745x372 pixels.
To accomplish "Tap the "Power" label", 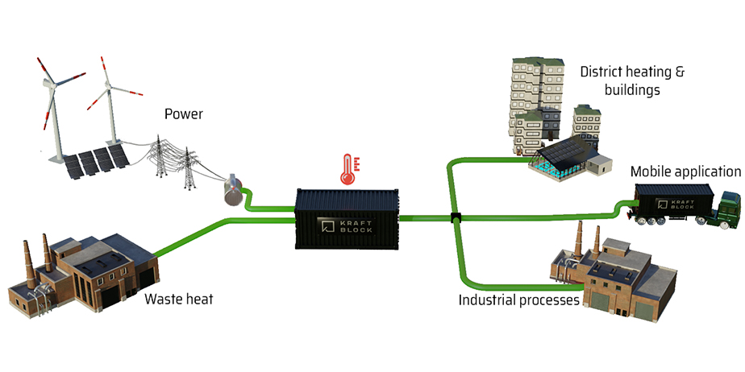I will [x=183, y=114].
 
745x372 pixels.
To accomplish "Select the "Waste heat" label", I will [x=179, y=300].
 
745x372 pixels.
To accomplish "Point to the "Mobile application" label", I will [x=685, y=172].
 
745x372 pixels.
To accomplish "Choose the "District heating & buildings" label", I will [x=631, y=81].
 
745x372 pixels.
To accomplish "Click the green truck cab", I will [x=729, y=208].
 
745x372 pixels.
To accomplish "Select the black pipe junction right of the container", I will [x=455, y=217].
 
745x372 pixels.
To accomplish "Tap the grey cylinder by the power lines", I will [x=233, y=192].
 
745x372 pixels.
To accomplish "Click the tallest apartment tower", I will [x=531, y=93].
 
